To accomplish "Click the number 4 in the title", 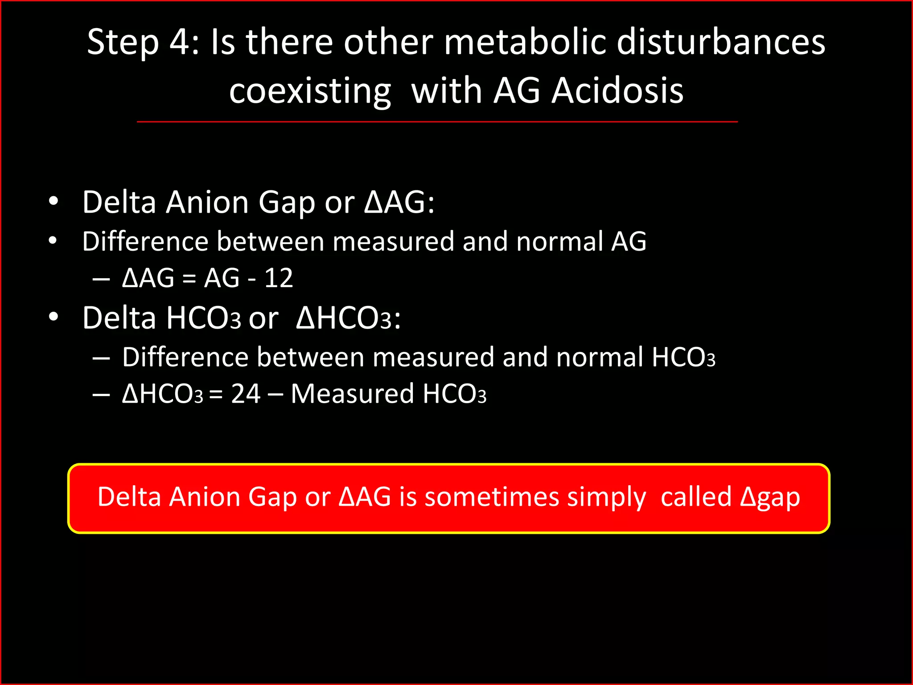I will [181, 42].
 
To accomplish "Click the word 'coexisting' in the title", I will [310, 91].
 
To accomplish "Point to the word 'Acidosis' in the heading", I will [617, 91].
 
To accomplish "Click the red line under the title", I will [437, 121].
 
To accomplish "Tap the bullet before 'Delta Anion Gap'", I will [53, 202].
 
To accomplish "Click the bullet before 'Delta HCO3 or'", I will [53, 317].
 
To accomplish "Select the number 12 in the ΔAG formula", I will [279, 278].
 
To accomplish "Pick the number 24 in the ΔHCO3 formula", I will [246, 394].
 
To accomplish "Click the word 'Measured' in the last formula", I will [352, 394].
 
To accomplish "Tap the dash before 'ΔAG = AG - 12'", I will [102, 279].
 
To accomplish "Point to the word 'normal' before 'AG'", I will [559, 242].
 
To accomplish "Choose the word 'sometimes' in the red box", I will [491, 497].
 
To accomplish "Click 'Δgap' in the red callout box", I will [770, 498].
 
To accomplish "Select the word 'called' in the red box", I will [696, 497].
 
